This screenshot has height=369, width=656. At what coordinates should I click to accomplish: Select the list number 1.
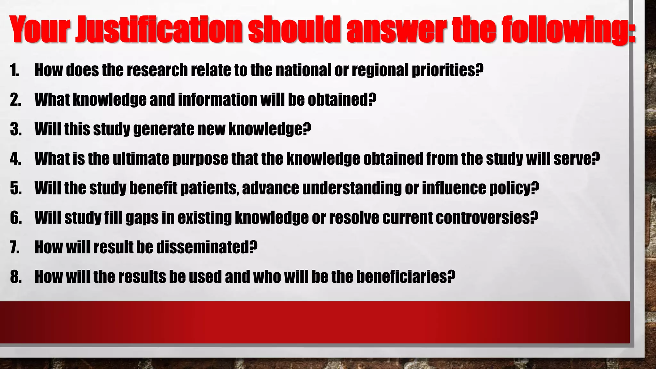pyautogui.click(x=14, y=70)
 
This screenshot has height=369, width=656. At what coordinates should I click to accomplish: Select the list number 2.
pyautogui.click(x=15, y=100)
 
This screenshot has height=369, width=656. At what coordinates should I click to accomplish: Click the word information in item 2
pyautogui.click(x=218, y=100)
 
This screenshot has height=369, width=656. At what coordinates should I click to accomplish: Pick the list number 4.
pyautogui.click(x=15, y=159)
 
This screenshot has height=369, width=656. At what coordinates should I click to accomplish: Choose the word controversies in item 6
pyautogui.click(x=482, y=218)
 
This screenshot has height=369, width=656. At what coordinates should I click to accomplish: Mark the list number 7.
pyautogui.click(x=15, y=247)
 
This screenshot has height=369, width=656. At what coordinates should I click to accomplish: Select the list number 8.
pyautogui.click(x=15, y=277)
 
